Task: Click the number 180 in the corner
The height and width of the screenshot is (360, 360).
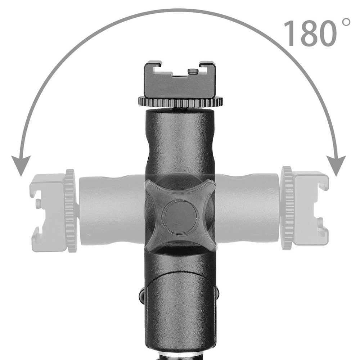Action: pyautogui.click(x=310, y=33)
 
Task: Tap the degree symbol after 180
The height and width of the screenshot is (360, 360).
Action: pyautogui.click(x=346, y=23)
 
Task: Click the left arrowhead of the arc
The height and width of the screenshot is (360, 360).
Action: pyautogui.click(x=21, y=166)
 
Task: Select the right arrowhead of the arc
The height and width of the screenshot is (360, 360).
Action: pyautogui.click(x=337, y=165)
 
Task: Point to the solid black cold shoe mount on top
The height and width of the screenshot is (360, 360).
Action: pyautogui.click(x=180, y=80)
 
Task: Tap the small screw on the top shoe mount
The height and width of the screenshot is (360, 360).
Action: pyautogui.click(x=193, y=71)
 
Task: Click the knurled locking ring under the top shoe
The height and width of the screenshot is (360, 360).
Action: pyautogui.click(x=180, y=102)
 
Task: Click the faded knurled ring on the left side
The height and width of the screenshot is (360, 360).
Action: pyautogui.click(x=71, y=211)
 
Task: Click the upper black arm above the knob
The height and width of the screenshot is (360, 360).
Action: pyautogui.click(x=180, y=144)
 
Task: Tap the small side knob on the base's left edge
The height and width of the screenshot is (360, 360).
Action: pyautogui.click(x=142, y=295)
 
